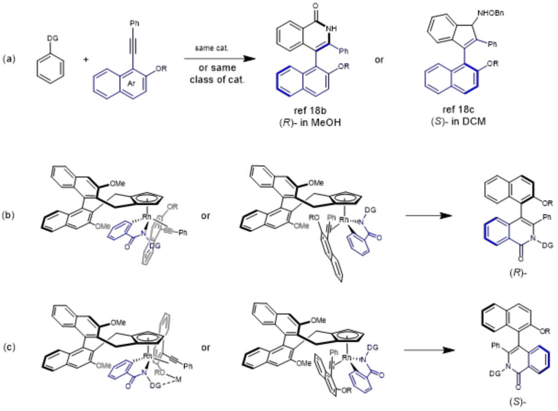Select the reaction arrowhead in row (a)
click(249, 59)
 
